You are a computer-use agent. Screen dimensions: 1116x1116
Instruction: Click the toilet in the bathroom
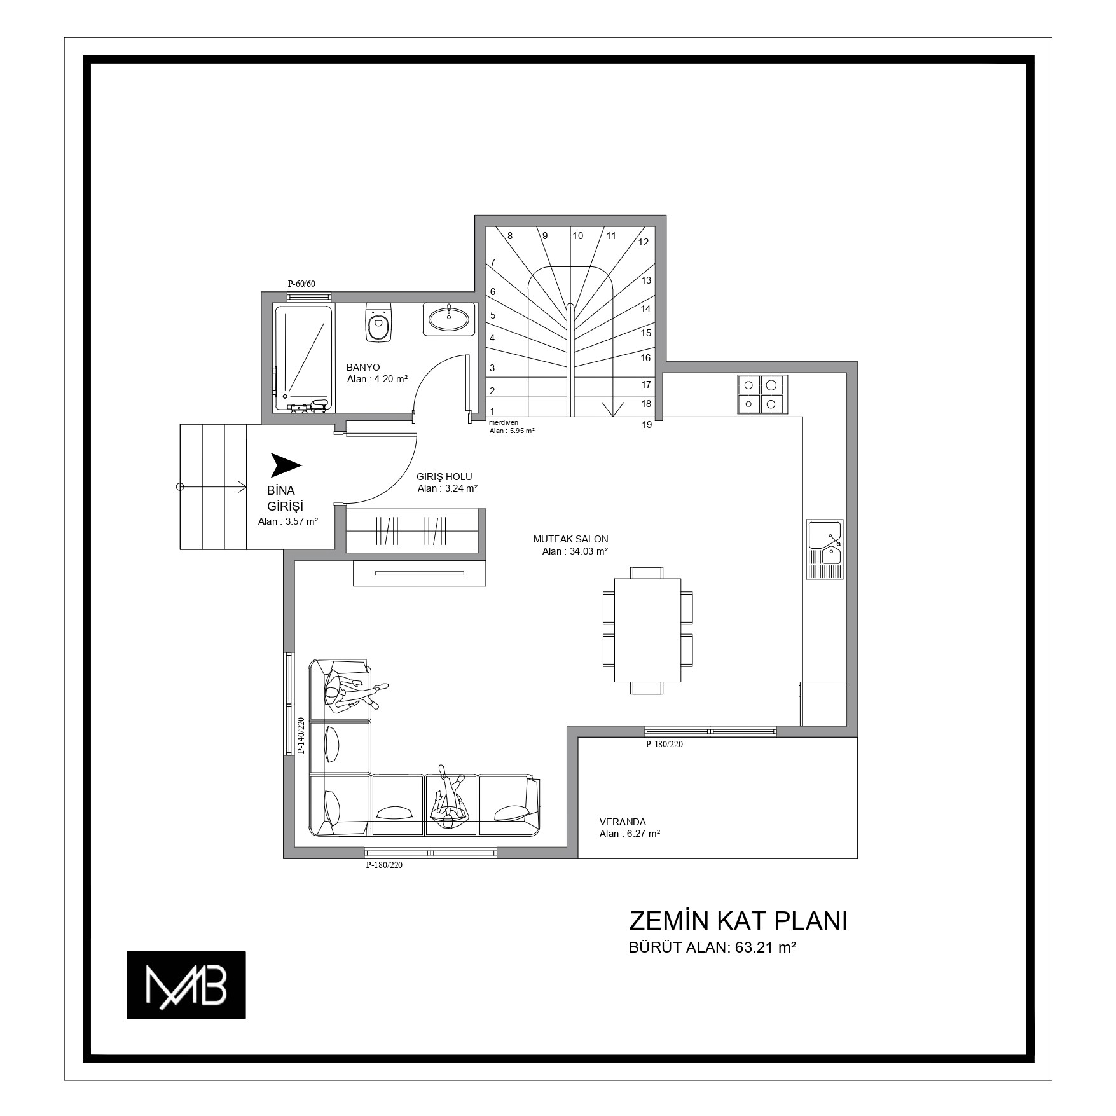[x=378, y=322]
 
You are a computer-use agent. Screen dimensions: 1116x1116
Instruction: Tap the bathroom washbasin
[x=449, y=319]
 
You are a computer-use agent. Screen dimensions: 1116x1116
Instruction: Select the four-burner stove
[x=762, y=393]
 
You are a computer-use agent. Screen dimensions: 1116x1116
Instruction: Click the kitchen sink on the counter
[x=825, y=549]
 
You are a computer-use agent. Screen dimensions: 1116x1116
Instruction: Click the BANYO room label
[x=363, y=368]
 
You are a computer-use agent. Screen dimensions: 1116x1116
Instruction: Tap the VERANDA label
[x=623, y=822]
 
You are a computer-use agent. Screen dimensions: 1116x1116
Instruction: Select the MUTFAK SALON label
[x=570, y=539]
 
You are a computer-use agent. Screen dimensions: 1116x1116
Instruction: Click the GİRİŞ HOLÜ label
[x=444, y=477]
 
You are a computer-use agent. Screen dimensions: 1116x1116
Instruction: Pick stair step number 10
[x=577, y=236]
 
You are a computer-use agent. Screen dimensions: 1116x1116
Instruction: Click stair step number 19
[x=647, y=425]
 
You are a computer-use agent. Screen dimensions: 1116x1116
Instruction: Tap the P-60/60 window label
[x=301, y=284]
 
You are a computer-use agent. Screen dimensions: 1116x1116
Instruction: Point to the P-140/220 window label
[x=301, y=735]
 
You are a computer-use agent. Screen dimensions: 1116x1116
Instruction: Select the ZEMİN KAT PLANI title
[x=738, y=921]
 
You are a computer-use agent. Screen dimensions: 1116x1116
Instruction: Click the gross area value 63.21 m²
[x=766, y=947]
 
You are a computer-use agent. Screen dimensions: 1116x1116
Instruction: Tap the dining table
[x=647, y=630]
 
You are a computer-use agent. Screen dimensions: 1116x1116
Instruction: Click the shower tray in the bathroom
[x=303, y=358]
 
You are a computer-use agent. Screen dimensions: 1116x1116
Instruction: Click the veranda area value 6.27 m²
[x=642, y=834]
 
